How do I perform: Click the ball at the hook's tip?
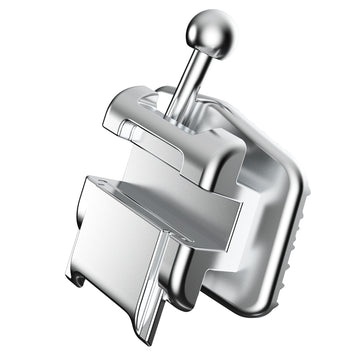coord(213,27)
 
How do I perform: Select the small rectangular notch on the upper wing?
coord(130,127)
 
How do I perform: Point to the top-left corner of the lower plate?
coord(84,180)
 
